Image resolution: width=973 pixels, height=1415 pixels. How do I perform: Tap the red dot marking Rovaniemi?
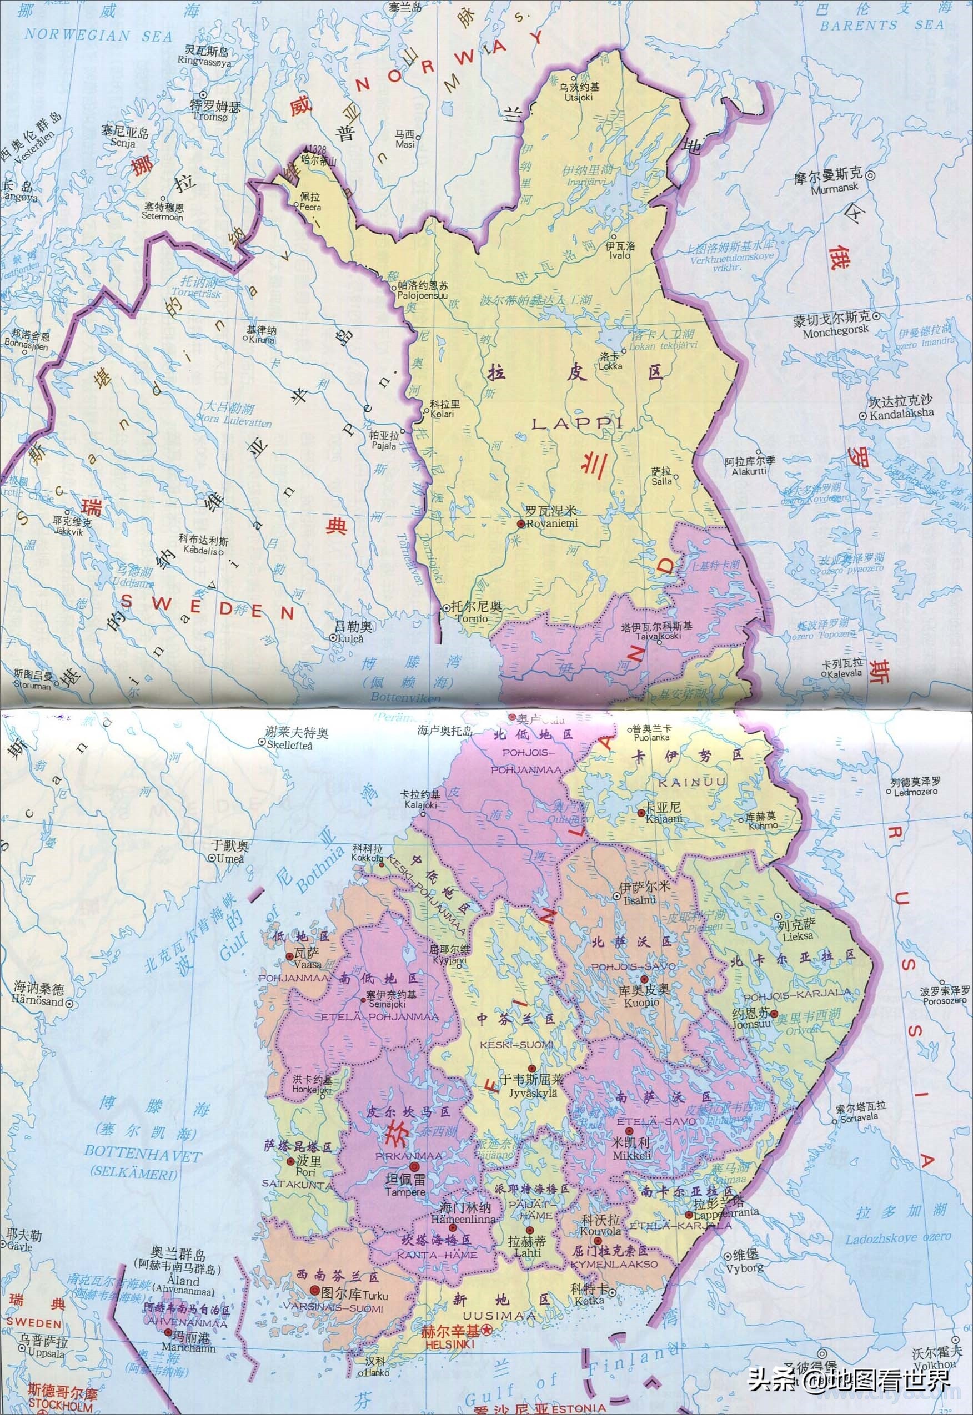pyautogui.click(x=520, y=523)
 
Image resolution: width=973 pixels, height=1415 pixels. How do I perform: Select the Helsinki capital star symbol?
pyautogui.click(x=486, y=1277)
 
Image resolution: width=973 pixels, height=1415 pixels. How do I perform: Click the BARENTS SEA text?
pyautogui.click(x=881, y=25)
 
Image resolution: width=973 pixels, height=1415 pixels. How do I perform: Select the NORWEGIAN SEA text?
pyautogui.click(x=98, y=36)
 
